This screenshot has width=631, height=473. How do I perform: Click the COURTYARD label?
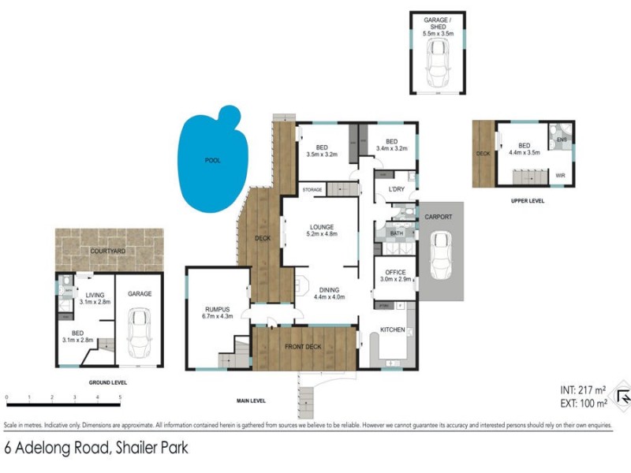tap(109, 251)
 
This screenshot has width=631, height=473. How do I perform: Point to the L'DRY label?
tap(396, 189)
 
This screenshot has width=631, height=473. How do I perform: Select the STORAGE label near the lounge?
tap(312, 189)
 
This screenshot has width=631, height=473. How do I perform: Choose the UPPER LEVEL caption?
tap(528, 201)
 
